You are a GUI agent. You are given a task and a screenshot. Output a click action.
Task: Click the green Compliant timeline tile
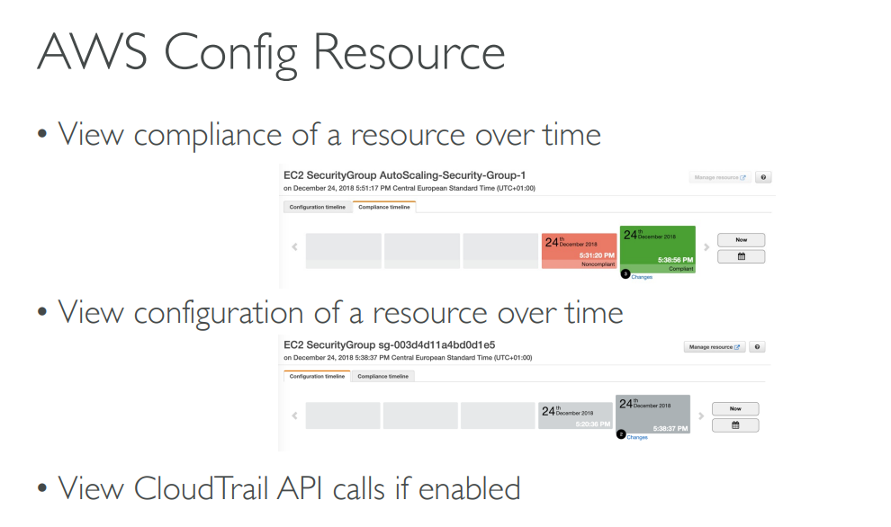click(x=658, y=248)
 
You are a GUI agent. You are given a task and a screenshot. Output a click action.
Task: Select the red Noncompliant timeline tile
click(x=579, y=251)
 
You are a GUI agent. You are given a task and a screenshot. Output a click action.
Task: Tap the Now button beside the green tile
click(x=741, y=240)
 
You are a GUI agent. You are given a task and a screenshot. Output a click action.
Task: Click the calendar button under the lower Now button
click(x=735, y=425)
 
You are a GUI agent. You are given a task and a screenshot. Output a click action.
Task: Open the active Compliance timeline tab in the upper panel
click(x=383, y=207)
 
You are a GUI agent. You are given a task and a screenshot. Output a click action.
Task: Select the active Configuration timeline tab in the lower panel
click(x=317, y=377)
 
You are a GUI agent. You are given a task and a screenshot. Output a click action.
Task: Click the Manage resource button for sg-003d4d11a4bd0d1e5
click(x=715, y=347)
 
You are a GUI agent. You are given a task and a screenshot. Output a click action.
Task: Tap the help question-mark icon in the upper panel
click(x=764, y=178)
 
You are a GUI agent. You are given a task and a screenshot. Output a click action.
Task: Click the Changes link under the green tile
click(x=642, y=277)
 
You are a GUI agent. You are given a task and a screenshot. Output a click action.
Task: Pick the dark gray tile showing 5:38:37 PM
click(x=652, y=415)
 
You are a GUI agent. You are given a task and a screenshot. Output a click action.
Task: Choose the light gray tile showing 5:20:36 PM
click(x=576, y=415)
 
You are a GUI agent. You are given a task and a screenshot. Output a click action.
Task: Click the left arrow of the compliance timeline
click(x=294, y=247)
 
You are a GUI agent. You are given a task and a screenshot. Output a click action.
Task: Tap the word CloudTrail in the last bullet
click(x=200, y=488)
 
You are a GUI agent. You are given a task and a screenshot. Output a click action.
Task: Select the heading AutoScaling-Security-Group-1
click(x=453, y=175)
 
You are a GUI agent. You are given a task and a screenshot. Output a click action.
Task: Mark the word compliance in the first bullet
click(x=209, y=135)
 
